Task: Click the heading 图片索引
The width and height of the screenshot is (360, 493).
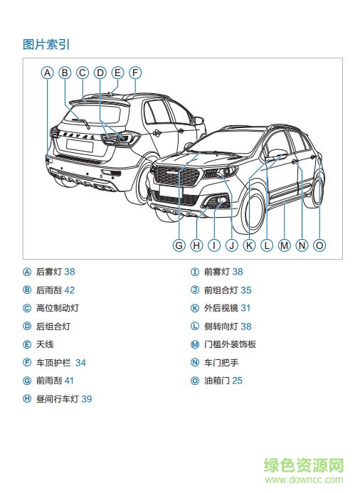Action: (x=46, y=45)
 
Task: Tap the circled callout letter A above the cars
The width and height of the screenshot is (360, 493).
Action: (x=47, y=73)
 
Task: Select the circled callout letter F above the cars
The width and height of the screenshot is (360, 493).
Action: (x=135, y=73)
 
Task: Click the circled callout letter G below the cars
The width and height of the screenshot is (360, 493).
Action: (x=179, y=245)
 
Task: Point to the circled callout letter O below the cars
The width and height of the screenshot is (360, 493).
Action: (x=319, y=245)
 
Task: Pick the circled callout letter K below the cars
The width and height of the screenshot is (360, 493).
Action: (x=249, y=245)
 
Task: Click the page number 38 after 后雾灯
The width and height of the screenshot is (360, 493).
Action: (x=69, y=272)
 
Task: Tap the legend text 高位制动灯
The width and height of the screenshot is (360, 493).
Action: (x=57, y=308)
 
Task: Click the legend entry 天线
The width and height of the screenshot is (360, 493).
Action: (x=44, y=344)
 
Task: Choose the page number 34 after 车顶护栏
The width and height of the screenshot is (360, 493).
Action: (x=80, y=363)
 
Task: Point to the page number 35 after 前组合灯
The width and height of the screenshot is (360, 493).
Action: (x=245, y=290)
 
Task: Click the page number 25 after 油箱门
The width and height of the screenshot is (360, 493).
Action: (x=237, y=381)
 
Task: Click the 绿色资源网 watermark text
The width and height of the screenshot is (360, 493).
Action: (x=305, y=467)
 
